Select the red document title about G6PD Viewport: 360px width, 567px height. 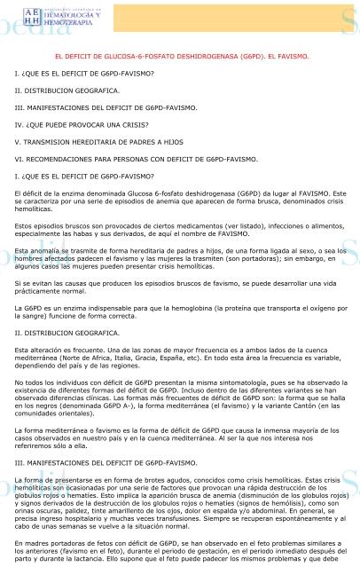[182, 57]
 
